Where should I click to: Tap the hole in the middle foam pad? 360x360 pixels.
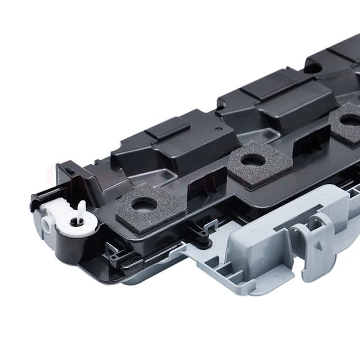click(253, 160)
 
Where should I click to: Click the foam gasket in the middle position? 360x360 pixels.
click(253, 161)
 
